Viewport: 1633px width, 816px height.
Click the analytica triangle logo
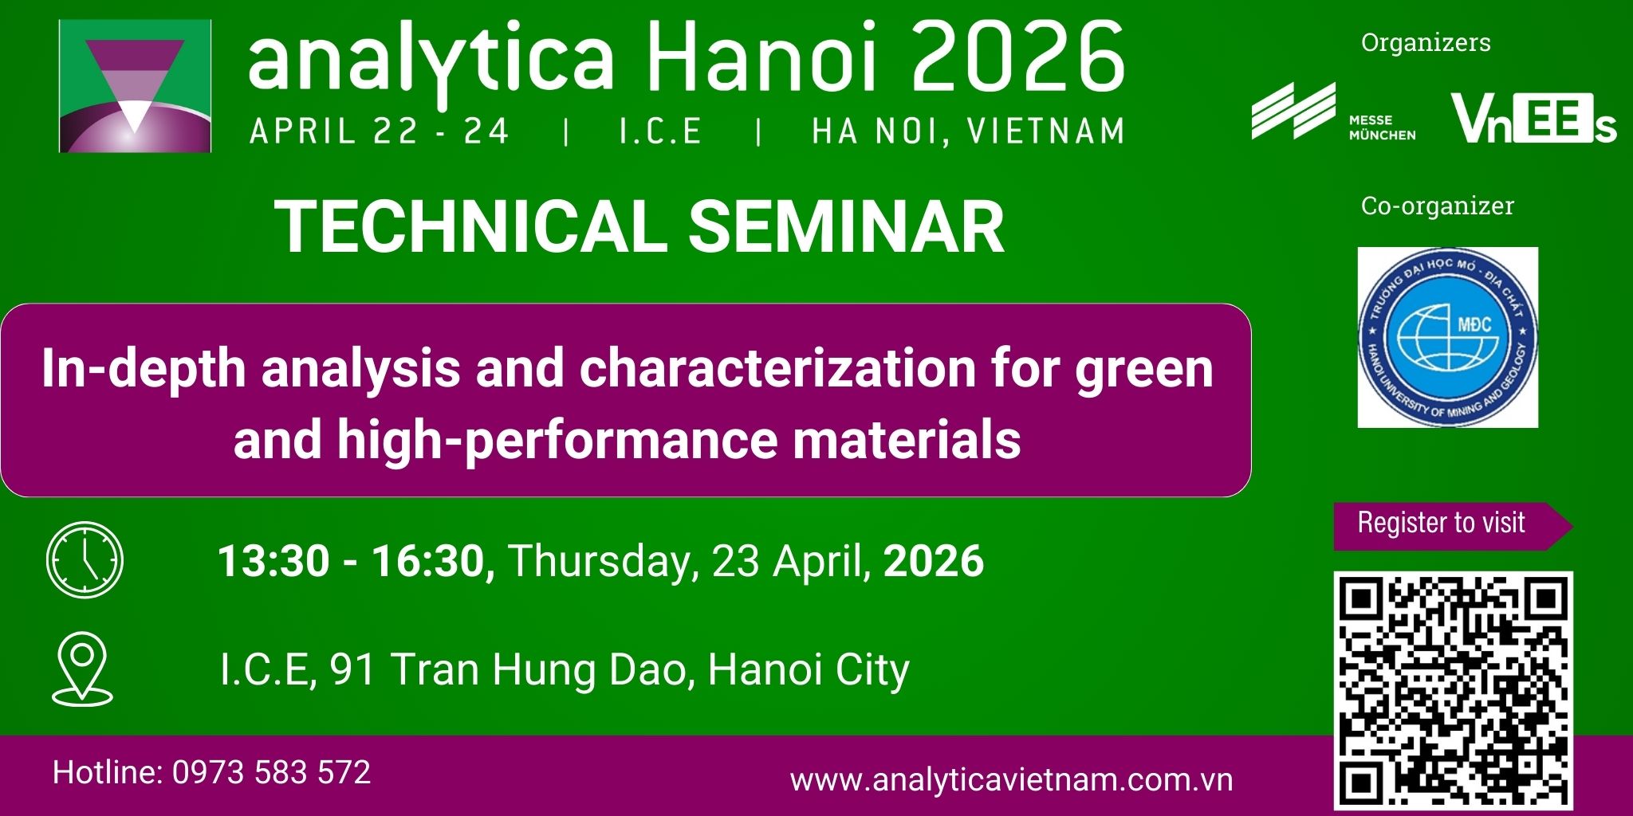pyautogui.click(x=136, y=85)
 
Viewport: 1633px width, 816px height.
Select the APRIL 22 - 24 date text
pyautogui.click(x=379, y=131)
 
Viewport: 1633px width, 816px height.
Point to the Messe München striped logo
pyautogui.click(x=1293, y=110)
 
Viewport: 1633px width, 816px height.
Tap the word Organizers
pyautogui.click(x=1426, y=42)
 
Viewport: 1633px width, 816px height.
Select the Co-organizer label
pyautogui.click(x=1437, y=206)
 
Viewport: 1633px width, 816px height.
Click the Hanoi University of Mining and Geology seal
pyautogui.click(x=1447, y=337)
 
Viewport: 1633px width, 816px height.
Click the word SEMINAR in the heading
pyautogui.click(x=846, y=227)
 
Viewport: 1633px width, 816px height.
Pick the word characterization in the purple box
pyautogui.click(x=777, y=369)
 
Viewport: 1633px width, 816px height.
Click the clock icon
pyautogui.click(x=85, y=559)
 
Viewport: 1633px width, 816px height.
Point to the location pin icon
pyautogui.click(x=83, y=669)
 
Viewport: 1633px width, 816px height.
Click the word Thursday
pyautogui.click(x=598, y=561)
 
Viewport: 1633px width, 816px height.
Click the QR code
pyautogui.click(x=1454, y=691)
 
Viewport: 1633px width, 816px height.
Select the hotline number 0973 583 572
pyautogui.click(x=271, y=772)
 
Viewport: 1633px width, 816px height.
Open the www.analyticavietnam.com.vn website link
pyautogui.click(x=1011, y=779)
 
